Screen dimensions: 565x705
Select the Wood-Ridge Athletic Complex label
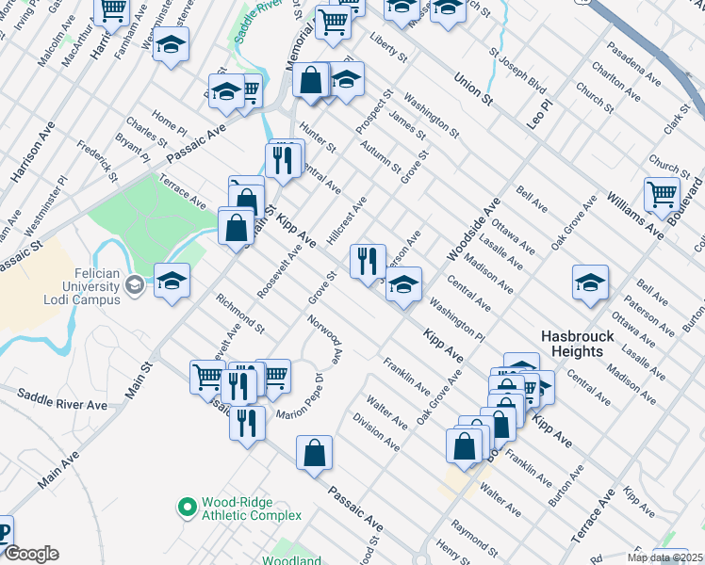point(251,508)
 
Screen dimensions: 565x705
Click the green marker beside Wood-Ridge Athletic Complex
point(187,508)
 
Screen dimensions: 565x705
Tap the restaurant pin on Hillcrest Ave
point(368,259)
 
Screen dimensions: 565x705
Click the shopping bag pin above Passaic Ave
point(314,452)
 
